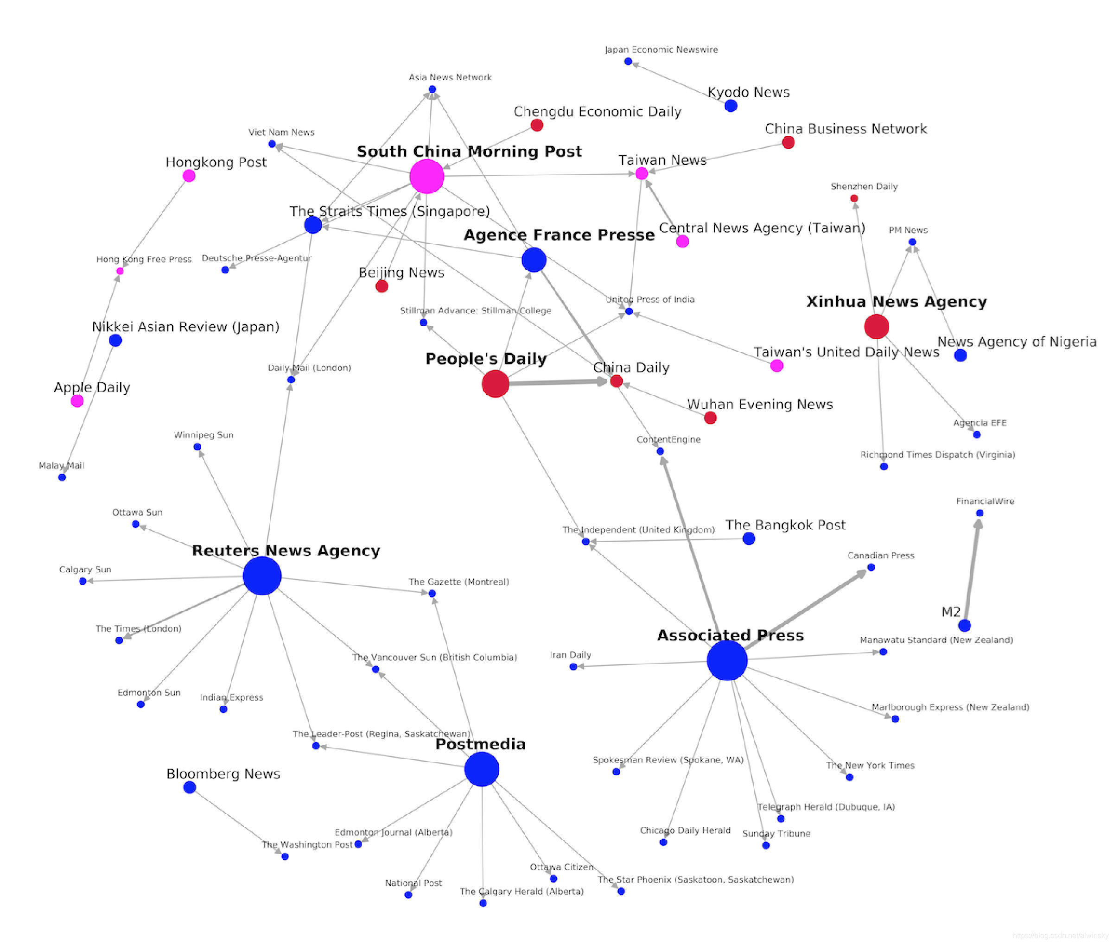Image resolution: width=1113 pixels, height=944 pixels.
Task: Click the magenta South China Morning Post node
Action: pos(426,176)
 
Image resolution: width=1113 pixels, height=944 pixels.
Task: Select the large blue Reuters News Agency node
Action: pos(262,576)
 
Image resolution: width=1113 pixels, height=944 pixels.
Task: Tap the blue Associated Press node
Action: pos(727,660)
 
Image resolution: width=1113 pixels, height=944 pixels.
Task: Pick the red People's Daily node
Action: pos(495,384)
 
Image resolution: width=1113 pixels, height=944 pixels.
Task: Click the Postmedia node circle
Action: pos(482,769)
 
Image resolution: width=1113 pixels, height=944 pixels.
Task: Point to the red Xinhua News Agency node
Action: pos(877,326)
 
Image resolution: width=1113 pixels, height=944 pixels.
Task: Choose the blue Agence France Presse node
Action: pos(534,260)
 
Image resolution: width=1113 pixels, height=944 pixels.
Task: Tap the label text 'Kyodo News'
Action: pos(749,92)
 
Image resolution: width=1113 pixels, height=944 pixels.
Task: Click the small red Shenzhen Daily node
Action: pos(854,198)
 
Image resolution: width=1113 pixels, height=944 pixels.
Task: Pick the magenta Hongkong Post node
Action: pos(189,176)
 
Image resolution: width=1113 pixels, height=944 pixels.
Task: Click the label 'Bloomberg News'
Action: pos(223,774)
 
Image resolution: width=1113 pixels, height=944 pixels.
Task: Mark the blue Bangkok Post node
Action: pos(749,539)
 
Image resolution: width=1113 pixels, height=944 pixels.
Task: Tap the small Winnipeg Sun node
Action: pos(197,447)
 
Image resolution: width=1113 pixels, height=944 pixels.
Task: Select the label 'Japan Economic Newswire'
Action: pos(661,50)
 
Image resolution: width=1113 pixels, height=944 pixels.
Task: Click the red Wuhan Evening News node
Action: pos(711,418)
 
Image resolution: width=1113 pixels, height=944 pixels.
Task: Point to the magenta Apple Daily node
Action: pos(77,401)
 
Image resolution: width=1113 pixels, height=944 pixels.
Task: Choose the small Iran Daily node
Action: pos(573,667)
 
